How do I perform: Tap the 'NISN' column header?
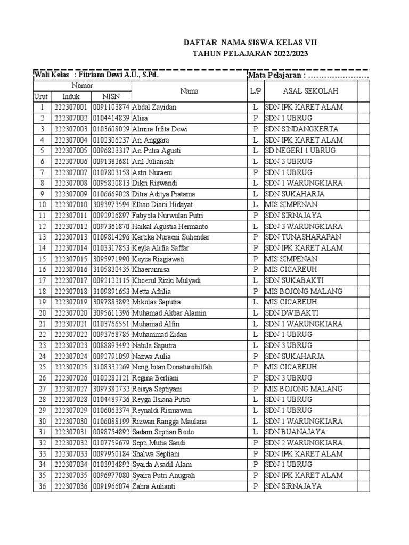(111, 96)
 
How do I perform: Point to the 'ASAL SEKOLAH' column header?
(310, 91)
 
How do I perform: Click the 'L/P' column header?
(256, 91)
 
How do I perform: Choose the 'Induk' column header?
(71, 96)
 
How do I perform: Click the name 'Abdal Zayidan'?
(154, 108)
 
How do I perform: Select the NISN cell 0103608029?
(111, 129)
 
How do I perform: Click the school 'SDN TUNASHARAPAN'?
(303, 237)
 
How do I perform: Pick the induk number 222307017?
(71, 280)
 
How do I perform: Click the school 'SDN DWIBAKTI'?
(291, 313)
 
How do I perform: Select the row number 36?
(42, 486)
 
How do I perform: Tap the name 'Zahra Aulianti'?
(154, 486)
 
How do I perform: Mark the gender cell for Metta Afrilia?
(256, 292)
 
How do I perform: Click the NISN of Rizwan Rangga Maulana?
(111, 422)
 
